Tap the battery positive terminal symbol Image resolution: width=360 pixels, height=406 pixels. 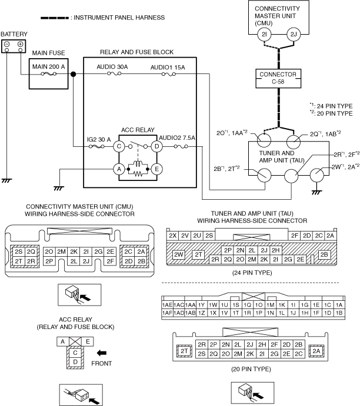pos(20,45)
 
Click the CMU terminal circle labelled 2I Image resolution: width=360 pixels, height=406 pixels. pos(264,36)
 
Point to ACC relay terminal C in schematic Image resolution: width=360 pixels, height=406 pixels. pos(118,145)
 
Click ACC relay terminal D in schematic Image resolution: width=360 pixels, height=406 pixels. pos(157,145)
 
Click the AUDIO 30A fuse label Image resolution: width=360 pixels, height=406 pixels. pos(112,67)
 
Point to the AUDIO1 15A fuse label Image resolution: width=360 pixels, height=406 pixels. pos(168,67)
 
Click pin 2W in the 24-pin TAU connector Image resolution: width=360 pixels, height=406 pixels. pos(179,254)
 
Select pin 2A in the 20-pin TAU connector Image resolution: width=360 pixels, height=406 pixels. pos(316,350)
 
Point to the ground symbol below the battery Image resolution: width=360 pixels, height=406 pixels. pos(7,180)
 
